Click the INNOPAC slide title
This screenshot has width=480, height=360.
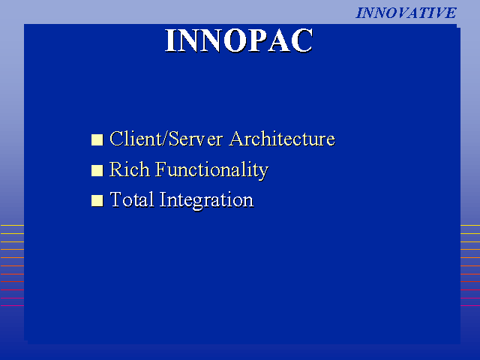pyautogui.click(x=238, y=40)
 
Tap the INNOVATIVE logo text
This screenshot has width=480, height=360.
pyautogui.click(x=406, y=13)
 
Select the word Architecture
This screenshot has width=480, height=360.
pyautogui.click(x=282, y=139)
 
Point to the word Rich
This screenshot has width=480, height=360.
pyautogui.click(x=130, y=169)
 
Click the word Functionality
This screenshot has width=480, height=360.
pyautogui.click(x=211, y=170)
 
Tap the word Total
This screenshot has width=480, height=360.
pyautogui.click(x=132, y=199)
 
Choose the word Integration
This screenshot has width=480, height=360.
pyautogui.click(x=206, y=200)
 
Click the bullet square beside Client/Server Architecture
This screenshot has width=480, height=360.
pyautogui.click(x=97, y=139)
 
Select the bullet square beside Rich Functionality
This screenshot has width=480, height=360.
pyautogui.click(x=97, y=170)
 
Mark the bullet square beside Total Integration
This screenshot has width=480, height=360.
pyautogui.click(x=97, y=201)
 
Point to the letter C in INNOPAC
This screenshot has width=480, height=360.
pyautogui.click(x=302, y=40)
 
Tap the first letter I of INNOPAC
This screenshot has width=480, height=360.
pyautogui.click(x=170, y=40)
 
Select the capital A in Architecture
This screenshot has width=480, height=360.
pyautogui.click(x=238, y=139)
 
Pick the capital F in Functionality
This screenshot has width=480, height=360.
pyautogui.click(x=161, y=169)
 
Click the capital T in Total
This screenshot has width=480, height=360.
pyautogui.click(x=116, y=199)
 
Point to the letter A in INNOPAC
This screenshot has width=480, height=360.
pyautogui.click(x=280, y=40)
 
